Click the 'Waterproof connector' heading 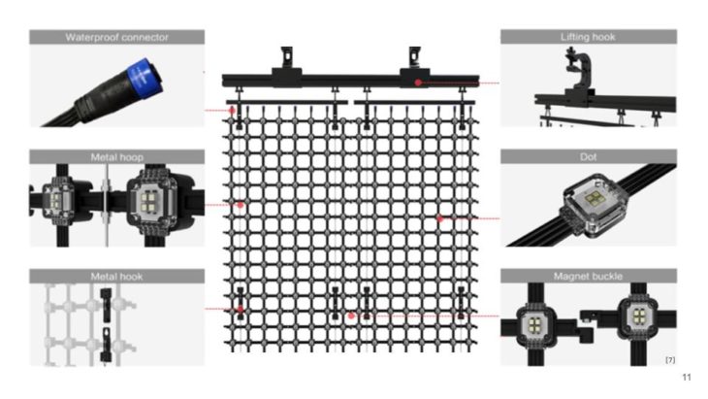click(x=116, y=37)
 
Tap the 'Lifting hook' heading click(x=588, y=37)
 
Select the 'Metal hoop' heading click(x=116, y=156)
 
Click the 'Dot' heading click(x=588, y=156)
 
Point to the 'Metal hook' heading click(x=116, y=277)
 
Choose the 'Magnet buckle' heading click(x=588, y=277)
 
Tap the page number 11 click(x=687, y=377)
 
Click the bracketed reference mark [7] click(x=669, y=360)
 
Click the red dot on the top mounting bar click(x=418, y=83)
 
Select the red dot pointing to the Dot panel click(x=439, y=218)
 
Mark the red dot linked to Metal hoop click(x=240, y=205)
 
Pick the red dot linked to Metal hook click(x=240, y=309)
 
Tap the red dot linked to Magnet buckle click(x=351, y=316)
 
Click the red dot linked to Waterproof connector click(x=234, y=111)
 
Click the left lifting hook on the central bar click(x=286, y=60)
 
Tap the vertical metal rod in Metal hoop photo click(x=105, y=205)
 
